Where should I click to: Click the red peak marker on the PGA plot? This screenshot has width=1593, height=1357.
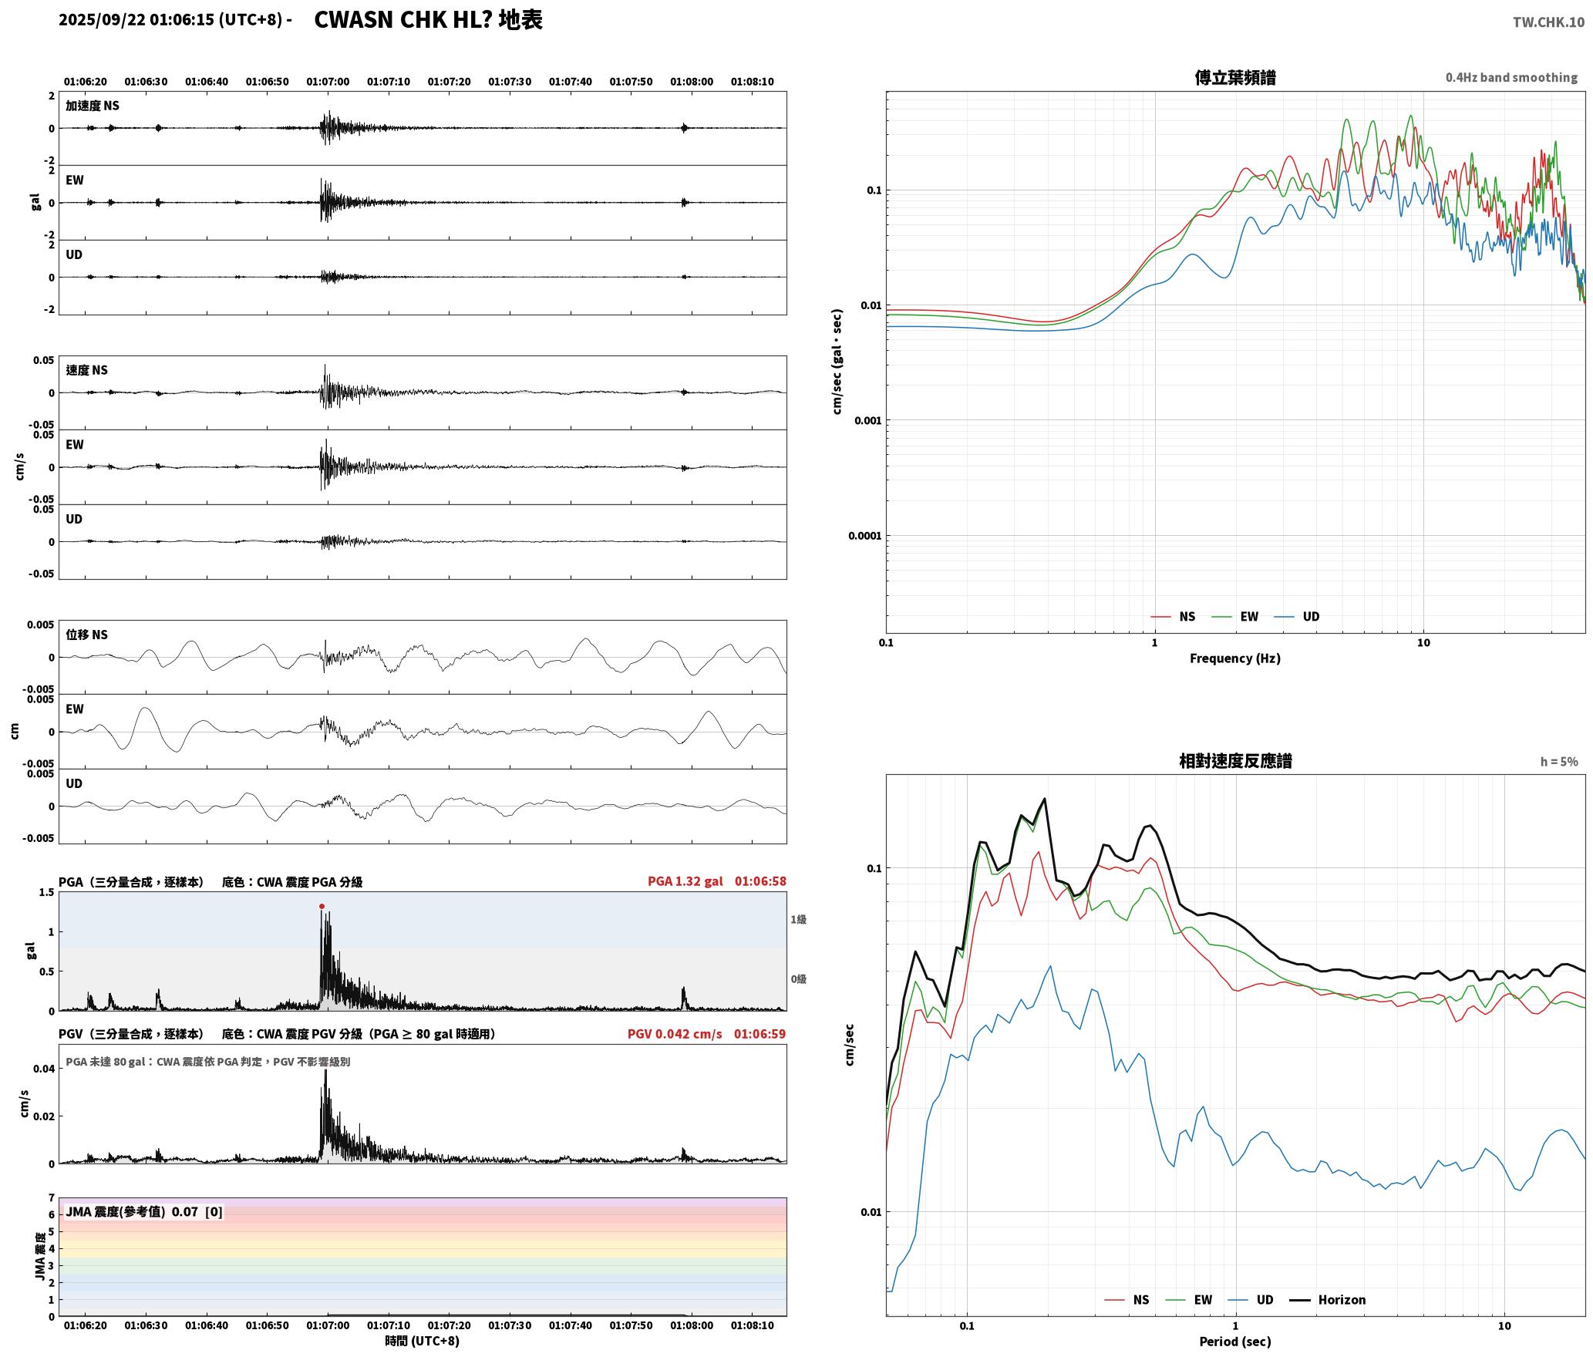[322, 907]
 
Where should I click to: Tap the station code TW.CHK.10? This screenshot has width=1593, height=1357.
[1548, 22]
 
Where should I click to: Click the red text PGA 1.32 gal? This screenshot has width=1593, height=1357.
[685, 881]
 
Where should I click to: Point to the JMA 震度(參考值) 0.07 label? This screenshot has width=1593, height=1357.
[132, 1212]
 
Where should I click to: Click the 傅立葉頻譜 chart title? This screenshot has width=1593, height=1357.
[1235, 78]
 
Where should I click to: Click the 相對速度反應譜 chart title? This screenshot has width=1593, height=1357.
[1235, 761]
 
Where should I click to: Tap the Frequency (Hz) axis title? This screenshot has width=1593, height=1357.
[1235, 658]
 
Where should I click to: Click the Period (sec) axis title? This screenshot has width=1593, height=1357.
[1235, 1342]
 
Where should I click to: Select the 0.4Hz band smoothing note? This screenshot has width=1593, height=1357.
[1511, 78]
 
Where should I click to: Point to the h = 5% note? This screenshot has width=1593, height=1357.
[1559, 762]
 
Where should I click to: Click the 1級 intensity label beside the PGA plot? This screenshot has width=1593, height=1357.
[798, 920]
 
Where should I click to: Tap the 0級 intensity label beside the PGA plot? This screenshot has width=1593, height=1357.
[798, 979]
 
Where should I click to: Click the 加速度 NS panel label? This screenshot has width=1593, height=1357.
[93, 106]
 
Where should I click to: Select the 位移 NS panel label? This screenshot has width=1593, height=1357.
[86, 635]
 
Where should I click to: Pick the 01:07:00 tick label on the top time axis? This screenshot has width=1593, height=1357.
[328, 82]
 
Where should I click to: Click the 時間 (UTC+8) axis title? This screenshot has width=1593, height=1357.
[423, 1341]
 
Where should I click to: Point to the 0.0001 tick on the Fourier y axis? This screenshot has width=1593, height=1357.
[864, 536]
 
